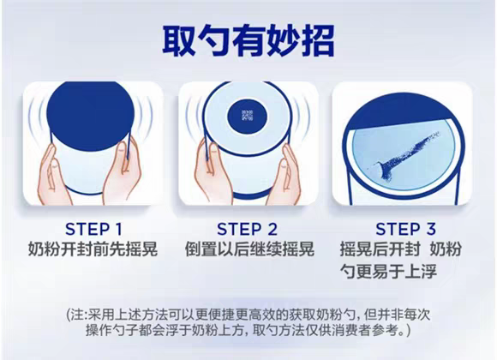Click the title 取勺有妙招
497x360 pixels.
(248, 41)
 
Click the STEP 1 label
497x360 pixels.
(93, 229)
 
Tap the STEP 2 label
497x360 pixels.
(247, 229)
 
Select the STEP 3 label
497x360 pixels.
(405, 229)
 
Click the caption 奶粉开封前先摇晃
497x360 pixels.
(93, 249)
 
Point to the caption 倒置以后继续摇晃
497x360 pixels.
(249, 249)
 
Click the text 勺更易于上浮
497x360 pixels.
(388, 271)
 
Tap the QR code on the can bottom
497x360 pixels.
(247, 116)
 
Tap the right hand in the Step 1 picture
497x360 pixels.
(122, 171)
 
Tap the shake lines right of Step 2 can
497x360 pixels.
(301, 117)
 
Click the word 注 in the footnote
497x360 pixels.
(77, 315)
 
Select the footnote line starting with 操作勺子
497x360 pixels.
(248, 330)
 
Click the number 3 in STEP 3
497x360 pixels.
(430, 229)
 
